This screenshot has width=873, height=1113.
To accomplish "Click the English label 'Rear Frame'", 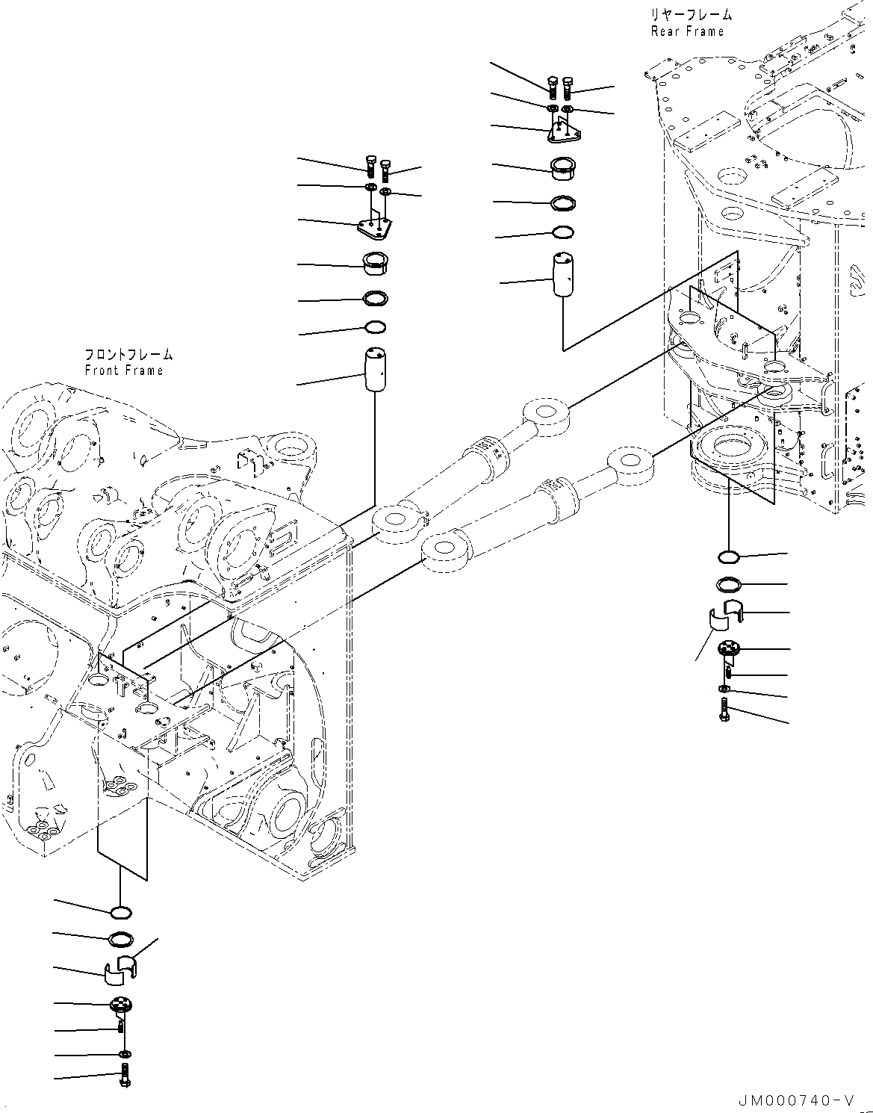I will [x=687, y=31].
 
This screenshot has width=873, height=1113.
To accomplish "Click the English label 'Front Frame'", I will [x=123, y=371].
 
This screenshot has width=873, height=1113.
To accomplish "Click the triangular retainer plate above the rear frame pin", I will [x=564, y=133].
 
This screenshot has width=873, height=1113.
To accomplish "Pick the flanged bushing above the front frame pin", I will [x=375, y=264].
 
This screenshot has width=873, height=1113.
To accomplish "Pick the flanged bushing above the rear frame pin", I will [x=562, y=169].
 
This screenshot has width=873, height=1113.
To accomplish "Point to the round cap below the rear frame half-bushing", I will [x=728, y=649].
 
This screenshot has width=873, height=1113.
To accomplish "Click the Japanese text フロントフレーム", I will [x=128, y=355].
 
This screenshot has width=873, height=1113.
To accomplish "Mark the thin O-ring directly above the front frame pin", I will [x=375, y=327].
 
